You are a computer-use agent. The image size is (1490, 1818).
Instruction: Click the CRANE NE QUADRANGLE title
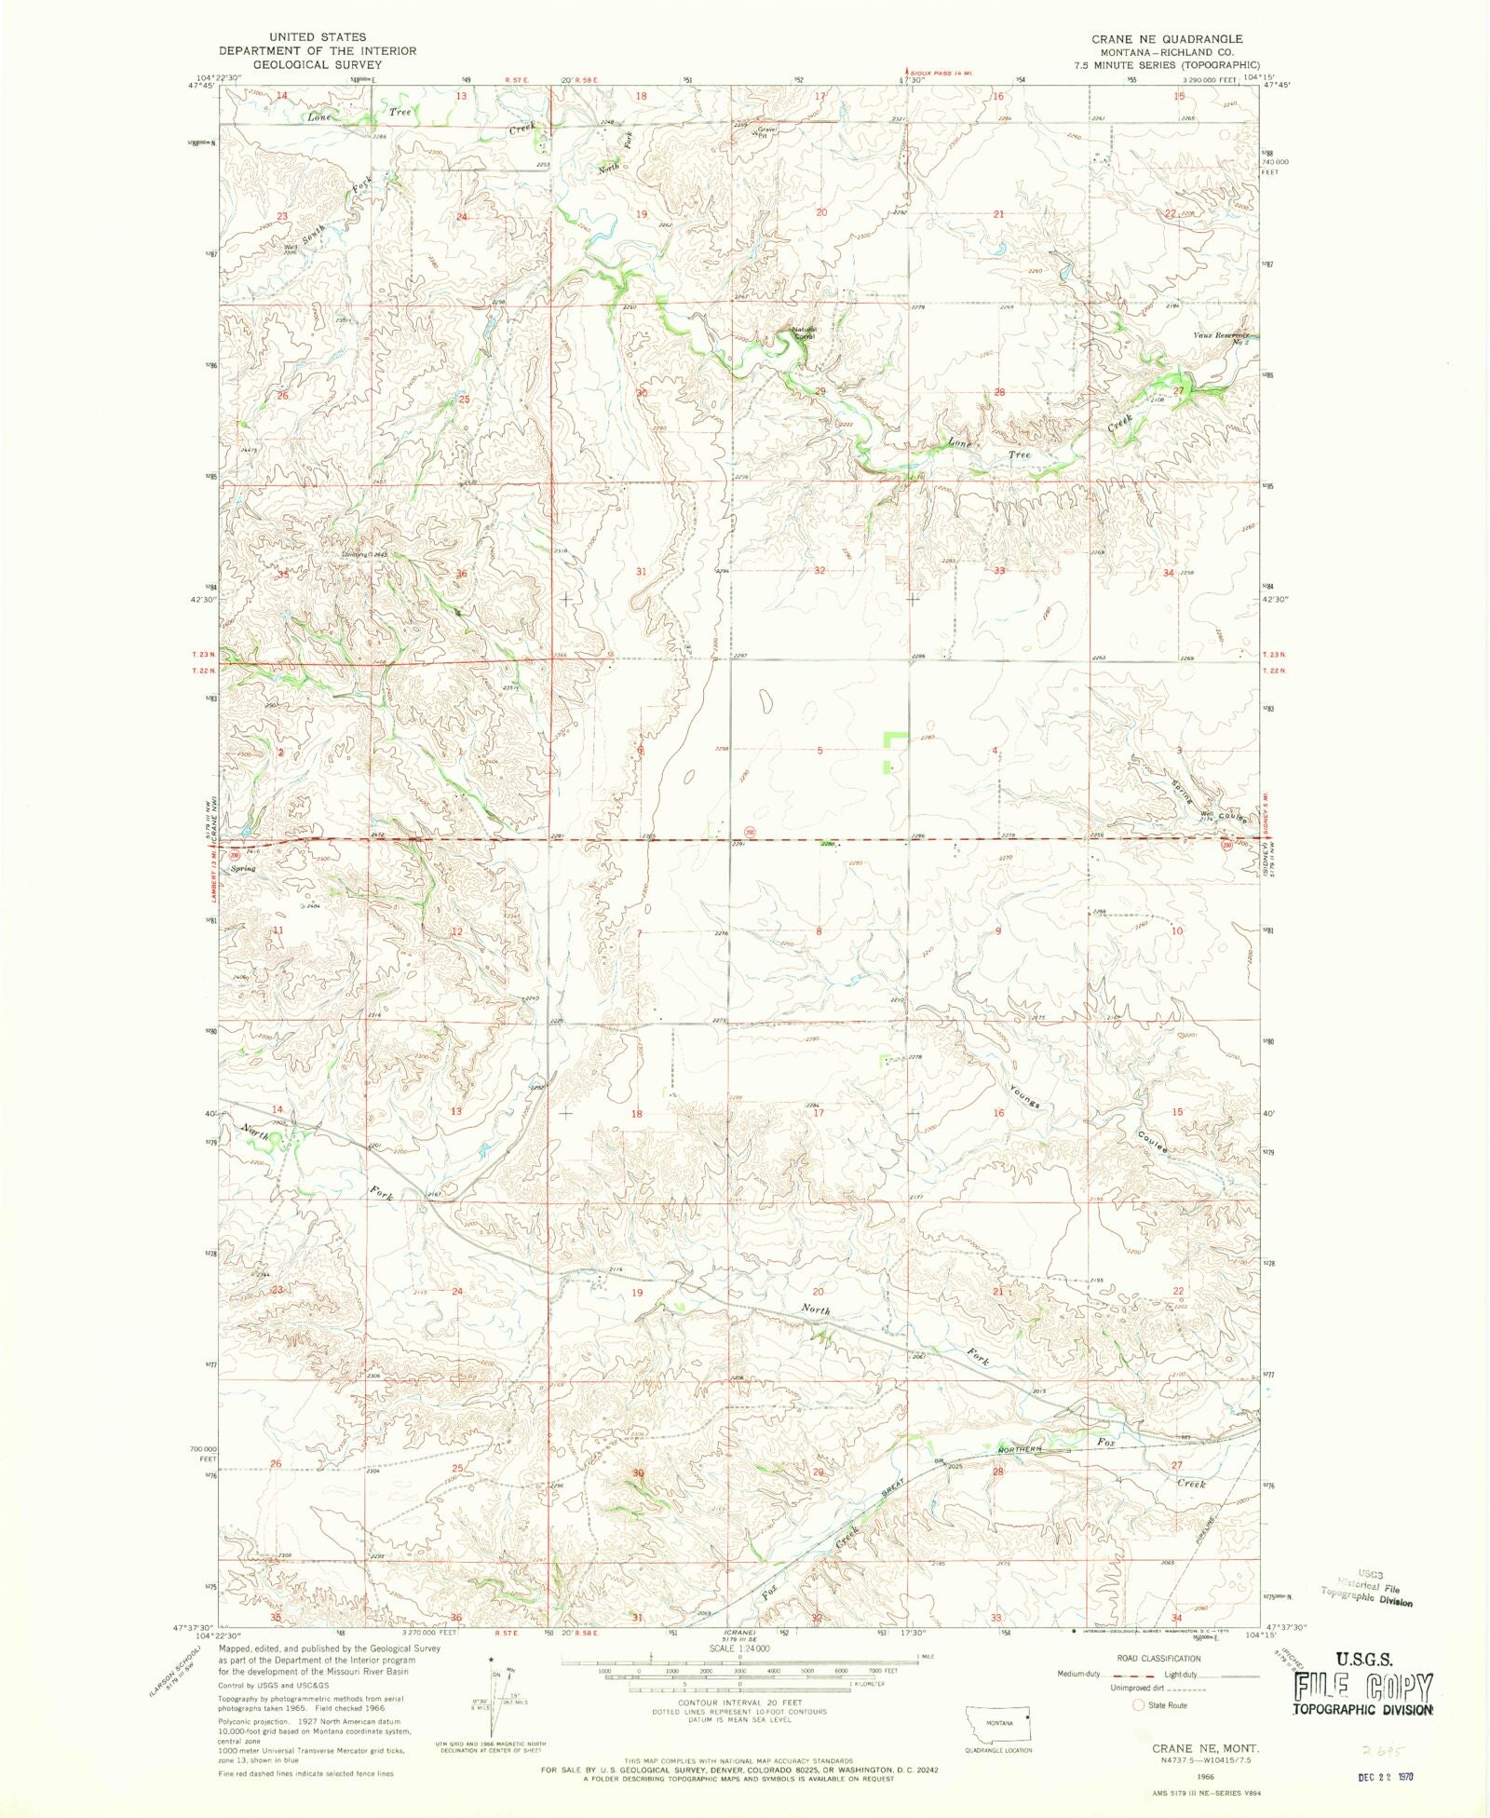[1167, 39]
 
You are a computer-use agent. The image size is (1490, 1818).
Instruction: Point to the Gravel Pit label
[765, 132]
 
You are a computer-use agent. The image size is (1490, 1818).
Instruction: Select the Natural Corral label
[804, 332]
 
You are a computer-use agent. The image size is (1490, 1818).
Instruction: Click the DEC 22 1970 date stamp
[1386, 1776]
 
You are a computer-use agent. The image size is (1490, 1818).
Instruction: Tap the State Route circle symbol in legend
[1137, 1704]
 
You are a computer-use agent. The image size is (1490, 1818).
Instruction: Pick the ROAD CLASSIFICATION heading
[1158, 1658]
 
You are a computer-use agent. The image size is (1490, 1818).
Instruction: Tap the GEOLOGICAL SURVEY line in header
[318, 64]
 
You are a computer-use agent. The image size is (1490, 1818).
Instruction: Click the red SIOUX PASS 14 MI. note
[940, 73]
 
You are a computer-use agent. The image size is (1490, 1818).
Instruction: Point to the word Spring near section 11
[243, 868]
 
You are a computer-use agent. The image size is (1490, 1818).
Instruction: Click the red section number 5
[819, 751]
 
